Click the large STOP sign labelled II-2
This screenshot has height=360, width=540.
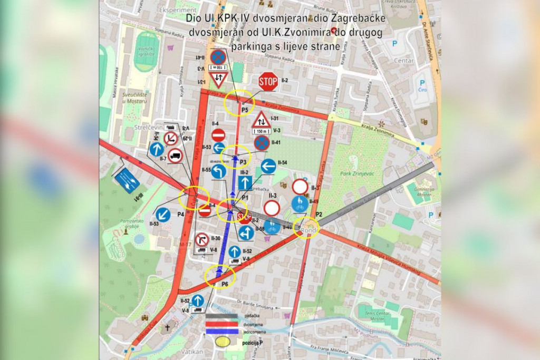coord(268,82)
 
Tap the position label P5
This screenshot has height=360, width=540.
coord(244,110)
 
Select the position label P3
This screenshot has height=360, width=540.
coord(243,161)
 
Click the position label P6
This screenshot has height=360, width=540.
coord(225,285)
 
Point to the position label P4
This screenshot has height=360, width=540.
coord(180,215)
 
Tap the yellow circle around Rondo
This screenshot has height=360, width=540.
coord(307,228)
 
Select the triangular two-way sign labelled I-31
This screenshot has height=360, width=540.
coord(261,121)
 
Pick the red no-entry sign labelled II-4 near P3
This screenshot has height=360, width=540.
coord(218,135)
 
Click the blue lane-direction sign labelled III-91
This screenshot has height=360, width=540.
coord(127,181)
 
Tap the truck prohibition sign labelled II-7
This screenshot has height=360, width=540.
coord(176,155)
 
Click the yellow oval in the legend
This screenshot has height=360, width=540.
coord(223,342)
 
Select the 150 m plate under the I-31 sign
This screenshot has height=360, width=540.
coord(261,131)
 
